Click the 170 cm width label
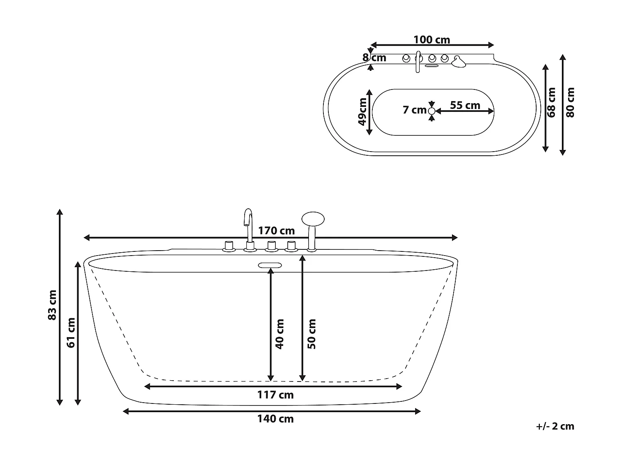coord(276,230)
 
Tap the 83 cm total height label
coord(52,305)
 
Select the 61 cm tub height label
coord(71,333)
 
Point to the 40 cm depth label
coord(279,334)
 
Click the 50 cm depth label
coord(312,334)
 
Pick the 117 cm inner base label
coord(275,395)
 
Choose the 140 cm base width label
coord(275,419)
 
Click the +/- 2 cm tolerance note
coord(555,426)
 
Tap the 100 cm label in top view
coord(432,40)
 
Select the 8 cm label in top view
coord(375,58)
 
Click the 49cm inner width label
coord(362,111)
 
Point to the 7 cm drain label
coord(414,110)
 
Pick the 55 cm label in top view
coord(465,105)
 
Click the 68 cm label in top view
coord(551,102)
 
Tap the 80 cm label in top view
coord(571,102)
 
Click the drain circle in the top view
coord(432,111)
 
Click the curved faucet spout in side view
coord(248,220)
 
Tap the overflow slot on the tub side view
coord(270,265)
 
